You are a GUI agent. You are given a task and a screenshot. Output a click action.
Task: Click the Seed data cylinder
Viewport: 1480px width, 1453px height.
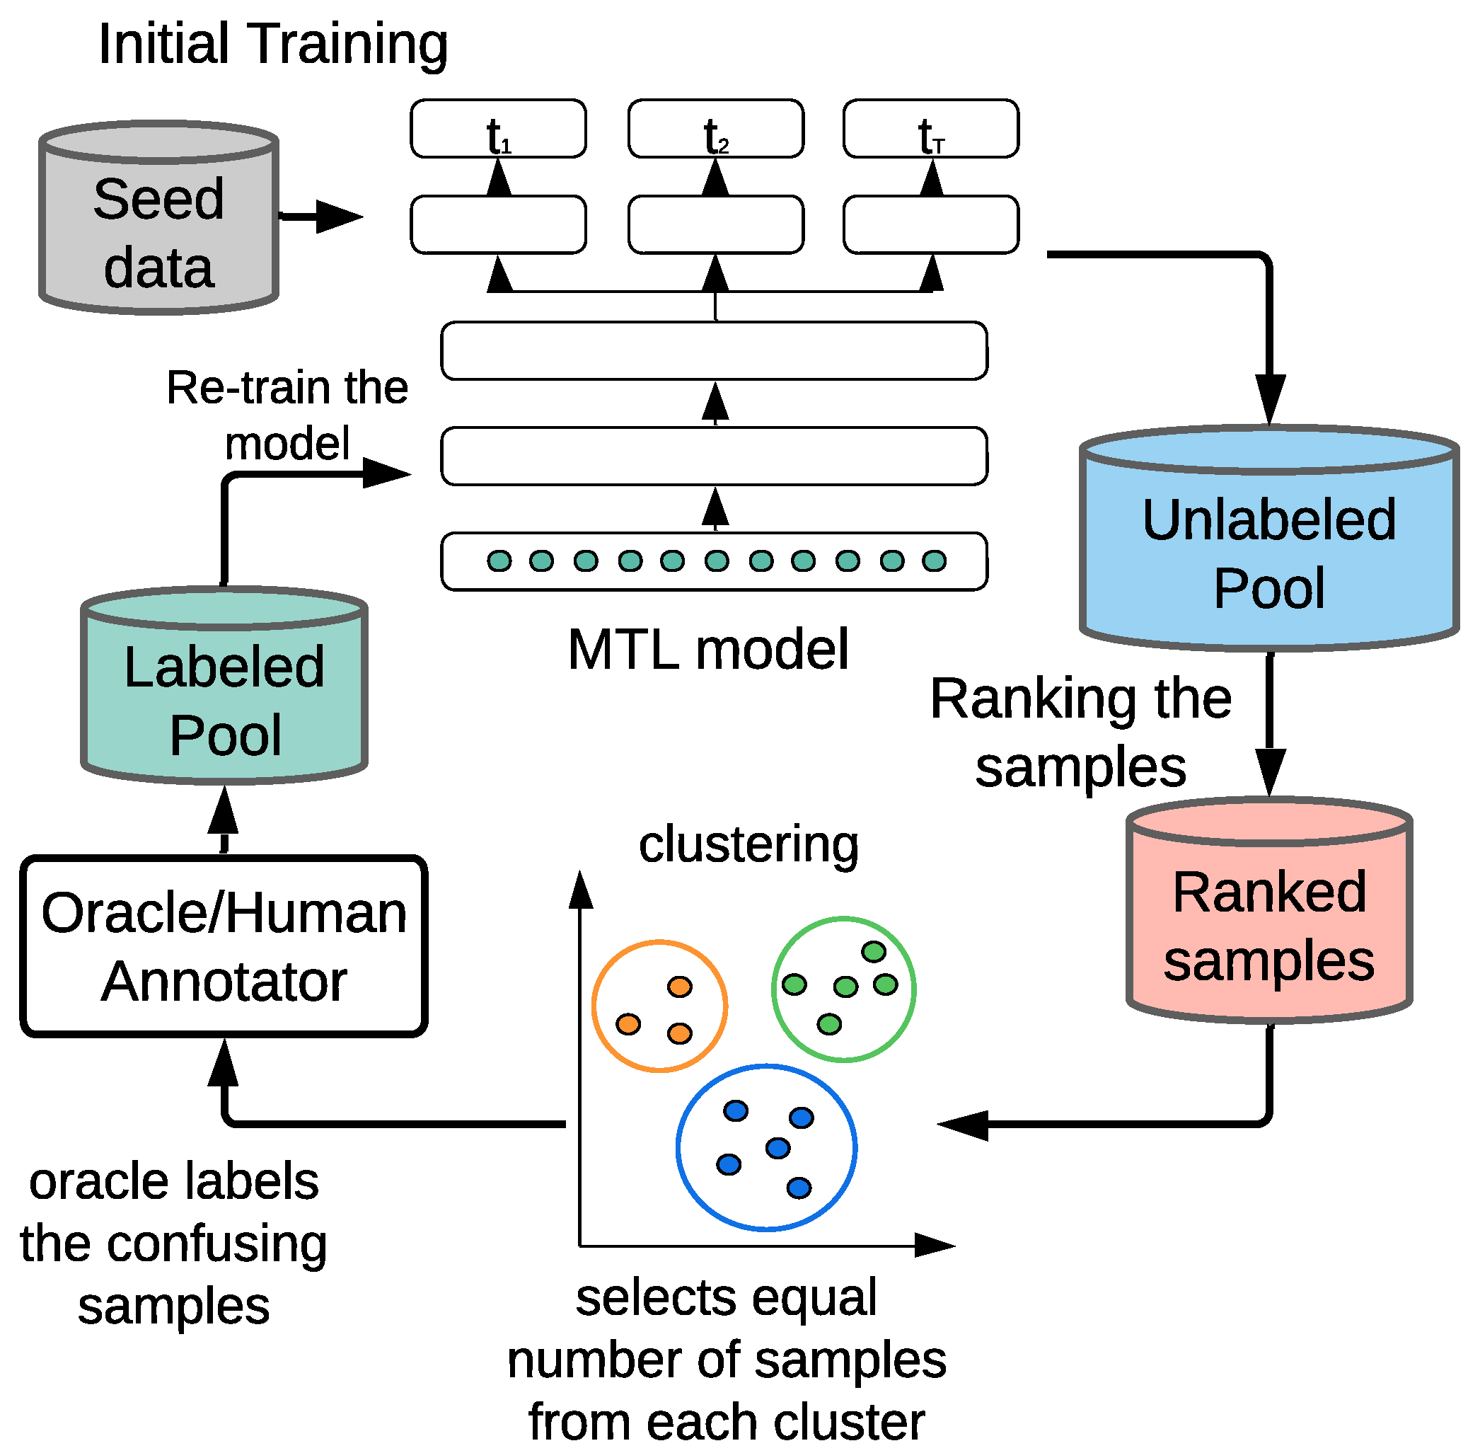tap(158, 217)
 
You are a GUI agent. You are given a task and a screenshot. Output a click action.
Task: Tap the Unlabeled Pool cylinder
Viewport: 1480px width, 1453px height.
tap(1268, 538)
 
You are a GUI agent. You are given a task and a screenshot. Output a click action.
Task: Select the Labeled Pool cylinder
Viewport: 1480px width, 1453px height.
tap(224, 685)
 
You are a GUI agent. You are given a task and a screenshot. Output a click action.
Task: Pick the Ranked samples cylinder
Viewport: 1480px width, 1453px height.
tap(1268, 909)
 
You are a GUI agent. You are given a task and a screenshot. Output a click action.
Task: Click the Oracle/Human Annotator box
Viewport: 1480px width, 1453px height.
tap(224, 946)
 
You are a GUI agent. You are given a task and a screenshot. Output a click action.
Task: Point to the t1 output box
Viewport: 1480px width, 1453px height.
tap(498, 128)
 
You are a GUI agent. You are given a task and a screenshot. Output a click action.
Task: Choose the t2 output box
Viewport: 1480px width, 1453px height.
tap(715, 128)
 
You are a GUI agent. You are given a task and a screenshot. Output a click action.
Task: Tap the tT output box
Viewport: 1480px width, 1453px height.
tap(931, 128)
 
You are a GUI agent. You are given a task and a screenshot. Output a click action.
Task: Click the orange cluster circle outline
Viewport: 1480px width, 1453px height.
tap(593, 1006)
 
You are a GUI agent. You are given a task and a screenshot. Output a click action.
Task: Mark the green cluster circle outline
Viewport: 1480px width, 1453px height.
tap(773, 989)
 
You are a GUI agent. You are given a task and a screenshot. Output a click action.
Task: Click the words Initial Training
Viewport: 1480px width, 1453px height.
tap(273, 45)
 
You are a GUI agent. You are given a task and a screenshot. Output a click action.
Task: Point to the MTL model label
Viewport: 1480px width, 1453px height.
tap(708, 650)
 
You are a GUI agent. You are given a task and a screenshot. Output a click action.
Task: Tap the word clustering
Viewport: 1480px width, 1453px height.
tap(748, 845)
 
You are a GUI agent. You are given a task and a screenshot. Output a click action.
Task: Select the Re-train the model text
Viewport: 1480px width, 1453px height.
tap(287, 415)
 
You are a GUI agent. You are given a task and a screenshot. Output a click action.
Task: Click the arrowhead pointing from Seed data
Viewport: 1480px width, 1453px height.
tap(339, 217)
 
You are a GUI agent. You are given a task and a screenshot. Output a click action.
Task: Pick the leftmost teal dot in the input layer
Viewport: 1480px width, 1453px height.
tap(499, 561)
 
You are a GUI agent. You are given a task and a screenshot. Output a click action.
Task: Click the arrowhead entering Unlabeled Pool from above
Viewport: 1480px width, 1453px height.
tap(1269, 400)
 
